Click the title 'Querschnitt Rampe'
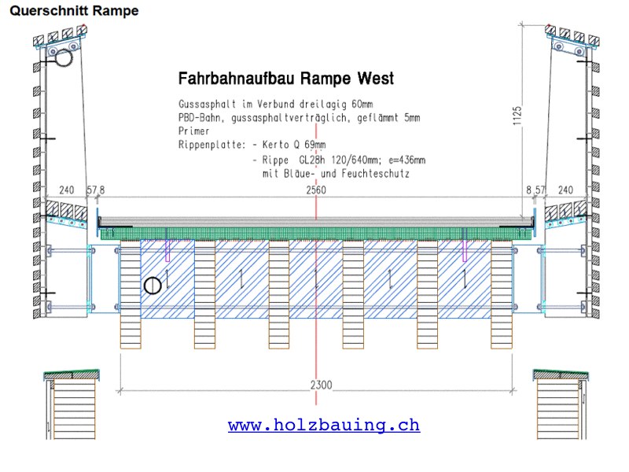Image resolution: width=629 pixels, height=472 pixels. point(74,10)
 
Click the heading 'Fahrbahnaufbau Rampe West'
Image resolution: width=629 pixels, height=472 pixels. point(286,78)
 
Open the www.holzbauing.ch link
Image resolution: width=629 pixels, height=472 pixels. point(324,425)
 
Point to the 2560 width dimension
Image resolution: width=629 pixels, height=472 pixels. point(316,190)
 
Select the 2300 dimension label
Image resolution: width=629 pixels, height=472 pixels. point(322,385)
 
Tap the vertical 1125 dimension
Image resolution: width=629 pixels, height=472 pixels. point(517,116)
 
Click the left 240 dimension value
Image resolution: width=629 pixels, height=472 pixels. point(67,190)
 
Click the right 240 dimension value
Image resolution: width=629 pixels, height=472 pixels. point(565,190)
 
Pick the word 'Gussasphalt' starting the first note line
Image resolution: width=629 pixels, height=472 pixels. point(207,105)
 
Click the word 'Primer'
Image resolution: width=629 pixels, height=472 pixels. point(193,131)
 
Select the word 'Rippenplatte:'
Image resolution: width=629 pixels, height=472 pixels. point(212,145)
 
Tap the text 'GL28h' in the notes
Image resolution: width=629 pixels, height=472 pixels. point(312,160)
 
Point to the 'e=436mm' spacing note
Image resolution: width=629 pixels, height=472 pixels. point(406,160)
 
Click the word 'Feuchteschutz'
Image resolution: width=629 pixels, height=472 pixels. point(376,174)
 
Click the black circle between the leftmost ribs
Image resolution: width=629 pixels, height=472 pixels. point(153,286)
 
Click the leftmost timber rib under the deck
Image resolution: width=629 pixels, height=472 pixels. point(131,294)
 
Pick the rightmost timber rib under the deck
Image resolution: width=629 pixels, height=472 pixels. point(502,294)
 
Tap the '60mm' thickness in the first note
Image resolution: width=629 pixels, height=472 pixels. point(362,105)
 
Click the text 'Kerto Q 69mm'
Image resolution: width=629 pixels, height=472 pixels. point(294,145)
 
